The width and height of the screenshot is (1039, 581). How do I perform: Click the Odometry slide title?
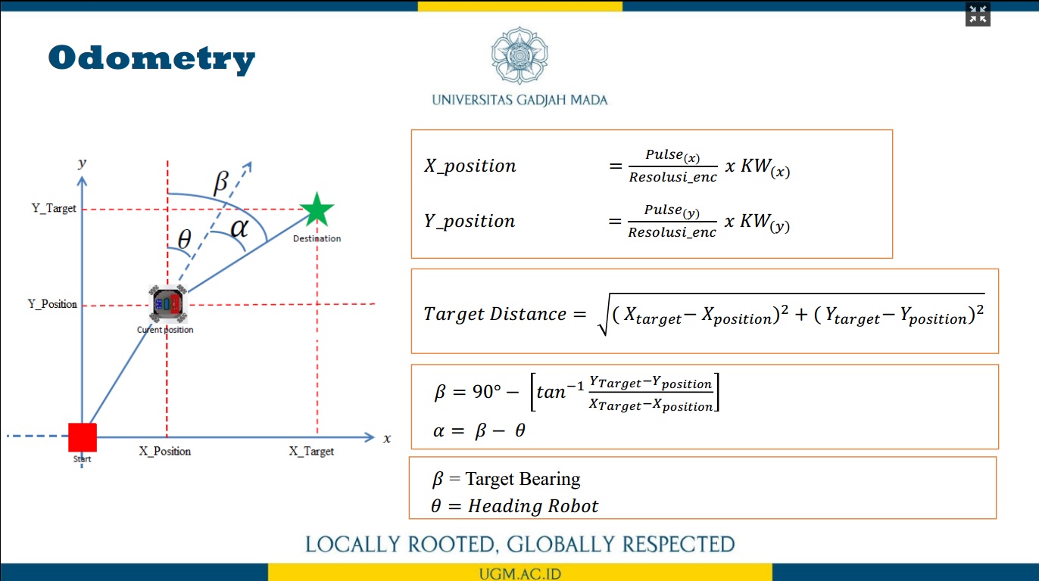[x=151, y=59]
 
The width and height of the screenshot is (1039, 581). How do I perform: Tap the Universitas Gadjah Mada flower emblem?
[x=519, y=55]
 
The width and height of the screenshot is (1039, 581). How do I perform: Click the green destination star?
[x=317, y=210]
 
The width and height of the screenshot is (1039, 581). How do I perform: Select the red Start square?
[x=83, y=437]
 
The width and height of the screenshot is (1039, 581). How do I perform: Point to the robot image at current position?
[x=168, y=304]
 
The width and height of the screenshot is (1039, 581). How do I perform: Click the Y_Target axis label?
[x=54, y=209]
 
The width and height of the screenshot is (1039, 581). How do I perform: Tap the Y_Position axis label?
[x=52, y=304]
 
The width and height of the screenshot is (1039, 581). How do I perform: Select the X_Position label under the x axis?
[x=164, y=452]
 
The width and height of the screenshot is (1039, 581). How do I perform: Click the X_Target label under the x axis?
[x=311, y=452]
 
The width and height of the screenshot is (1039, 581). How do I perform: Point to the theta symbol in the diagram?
[x=185, y=240]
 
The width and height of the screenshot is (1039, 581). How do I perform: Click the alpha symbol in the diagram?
[x=239, y=228]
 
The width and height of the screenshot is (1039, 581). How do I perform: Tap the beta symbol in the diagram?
[x=221, y=181]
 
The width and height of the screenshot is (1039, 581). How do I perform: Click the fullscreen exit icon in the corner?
[x=978, y=14]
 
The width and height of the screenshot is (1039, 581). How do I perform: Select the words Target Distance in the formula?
[x=495, y=314]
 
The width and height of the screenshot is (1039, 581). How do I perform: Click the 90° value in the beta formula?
[x=487, y=392]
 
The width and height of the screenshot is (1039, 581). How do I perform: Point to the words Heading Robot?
[x=533, y=506]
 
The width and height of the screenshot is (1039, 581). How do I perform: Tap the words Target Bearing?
[x=523, y=479]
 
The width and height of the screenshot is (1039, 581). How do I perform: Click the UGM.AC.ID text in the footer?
[x=520, y=574]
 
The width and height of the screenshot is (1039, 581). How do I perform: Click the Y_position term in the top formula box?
[x=470, y=221]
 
